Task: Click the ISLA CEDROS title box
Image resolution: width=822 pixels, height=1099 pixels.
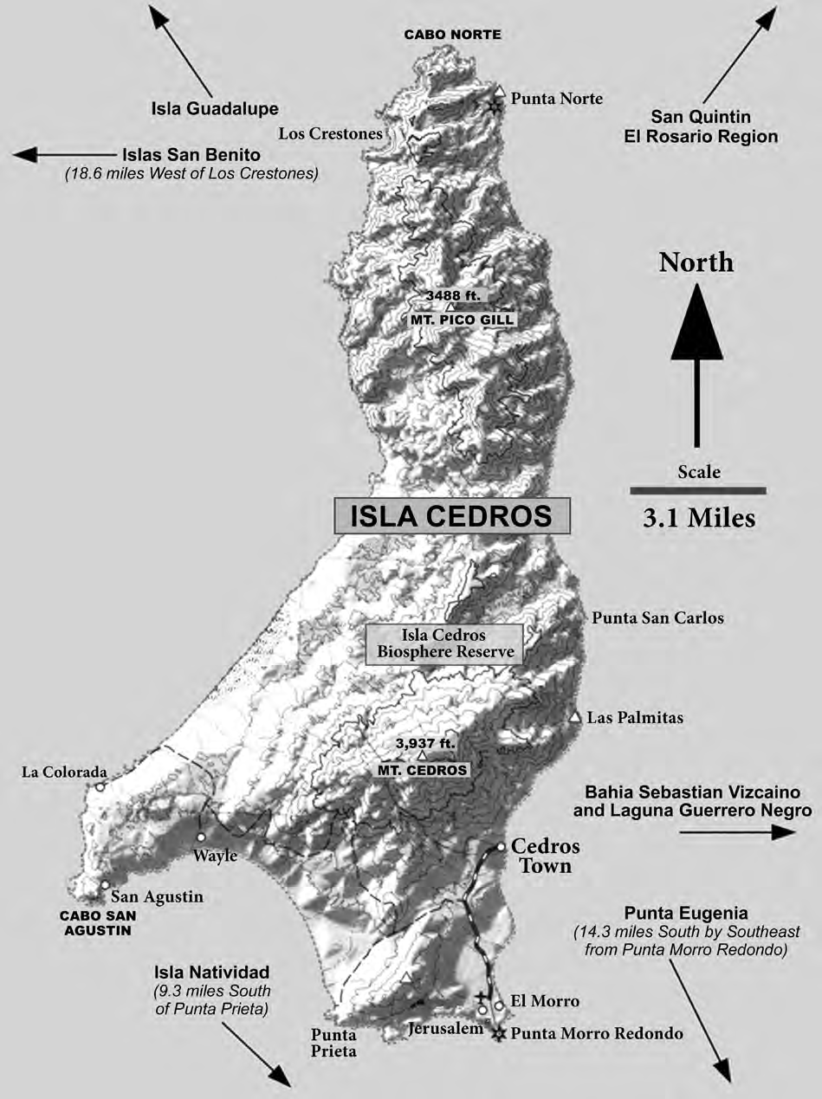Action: (452, 516)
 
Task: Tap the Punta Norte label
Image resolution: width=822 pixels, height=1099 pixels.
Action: (556, 99)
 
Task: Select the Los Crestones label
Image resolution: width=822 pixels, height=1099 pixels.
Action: (331, 133)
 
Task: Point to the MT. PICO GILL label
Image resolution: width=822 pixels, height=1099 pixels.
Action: (463, 320)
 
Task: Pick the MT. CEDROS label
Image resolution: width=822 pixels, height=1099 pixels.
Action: (422, 770)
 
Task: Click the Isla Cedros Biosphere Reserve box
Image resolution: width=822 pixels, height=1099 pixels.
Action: (443, 644)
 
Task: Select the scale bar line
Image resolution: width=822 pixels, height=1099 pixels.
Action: (698, 490)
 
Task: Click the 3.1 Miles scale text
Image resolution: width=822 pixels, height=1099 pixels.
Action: (698, 519)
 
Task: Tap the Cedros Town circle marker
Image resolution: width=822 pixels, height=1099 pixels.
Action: (501, 847)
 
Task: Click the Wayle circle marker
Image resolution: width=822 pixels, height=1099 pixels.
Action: (201, 837)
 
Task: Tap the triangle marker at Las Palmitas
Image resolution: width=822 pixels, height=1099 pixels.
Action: (574, 717)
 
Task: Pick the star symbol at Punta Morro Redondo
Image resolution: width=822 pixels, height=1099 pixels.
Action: (498, 1034)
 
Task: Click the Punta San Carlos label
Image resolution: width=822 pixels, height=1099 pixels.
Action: (657, 618)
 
